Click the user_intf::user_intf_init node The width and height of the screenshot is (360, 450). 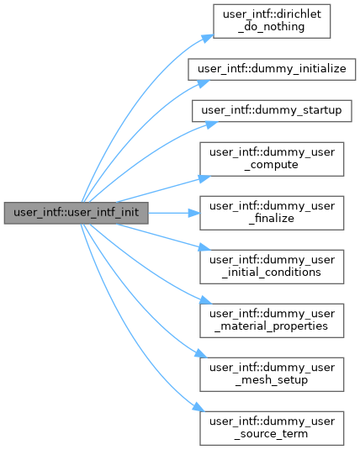point(76,213)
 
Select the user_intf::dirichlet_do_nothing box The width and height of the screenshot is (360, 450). point(272,21)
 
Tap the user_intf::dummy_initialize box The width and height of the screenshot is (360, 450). point(272,70)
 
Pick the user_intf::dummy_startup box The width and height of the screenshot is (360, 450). point(272,111)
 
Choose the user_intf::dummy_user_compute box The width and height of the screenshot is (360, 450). point(272,159)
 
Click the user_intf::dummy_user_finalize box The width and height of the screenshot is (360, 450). point(272,213)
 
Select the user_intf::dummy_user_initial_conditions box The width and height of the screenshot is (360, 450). point(272,267)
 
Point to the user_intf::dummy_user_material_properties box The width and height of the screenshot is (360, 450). point(272,320)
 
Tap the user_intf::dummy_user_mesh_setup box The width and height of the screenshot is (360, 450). point(272,374)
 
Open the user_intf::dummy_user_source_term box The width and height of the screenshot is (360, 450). point(272,428)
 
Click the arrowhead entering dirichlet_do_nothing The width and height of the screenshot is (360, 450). point(208,38)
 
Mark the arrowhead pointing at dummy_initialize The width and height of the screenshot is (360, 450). point(204,83)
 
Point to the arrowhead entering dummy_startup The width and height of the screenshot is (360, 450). point(212,124)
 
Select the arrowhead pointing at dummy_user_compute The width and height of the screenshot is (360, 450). point(204,178)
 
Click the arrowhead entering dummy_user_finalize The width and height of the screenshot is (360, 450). point(194,213)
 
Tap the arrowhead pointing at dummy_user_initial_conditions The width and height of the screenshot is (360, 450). point(204,247)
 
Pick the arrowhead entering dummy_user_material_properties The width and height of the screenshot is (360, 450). point(205,300)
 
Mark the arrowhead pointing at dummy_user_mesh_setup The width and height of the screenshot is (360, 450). point(201,353)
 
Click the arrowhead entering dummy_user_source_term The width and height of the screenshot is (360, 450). point(199,407)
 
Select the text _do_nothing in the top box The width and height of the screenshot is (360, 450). point(272,27)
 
